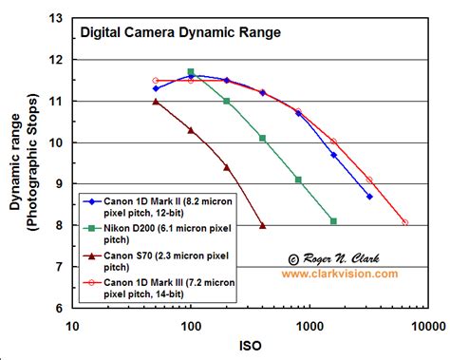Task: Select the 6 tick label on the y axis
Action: (x=60, y=309)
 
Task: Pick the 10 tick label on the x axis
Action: (x=71, y=325)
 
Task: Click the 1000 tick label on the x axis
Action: (x=309, y=325)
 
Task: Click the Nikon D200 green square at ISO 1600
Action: (x=333, y=221)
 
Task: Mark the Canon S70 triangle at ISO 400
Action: (x=262, y=225)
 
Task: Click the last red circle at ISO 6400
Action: (x=405, y=222)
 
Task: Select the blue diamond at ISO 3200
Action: (x=369, y=197)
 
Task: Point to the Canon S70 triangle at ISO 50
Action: (x=155, y=101)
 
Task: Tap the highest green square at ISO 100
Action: (x=191, y=71)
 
